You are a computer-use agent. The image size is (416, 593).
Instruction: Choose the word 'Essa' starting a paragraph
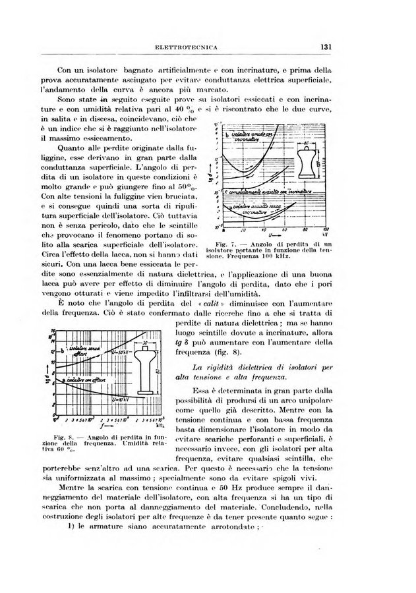(x=198, y=391)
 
